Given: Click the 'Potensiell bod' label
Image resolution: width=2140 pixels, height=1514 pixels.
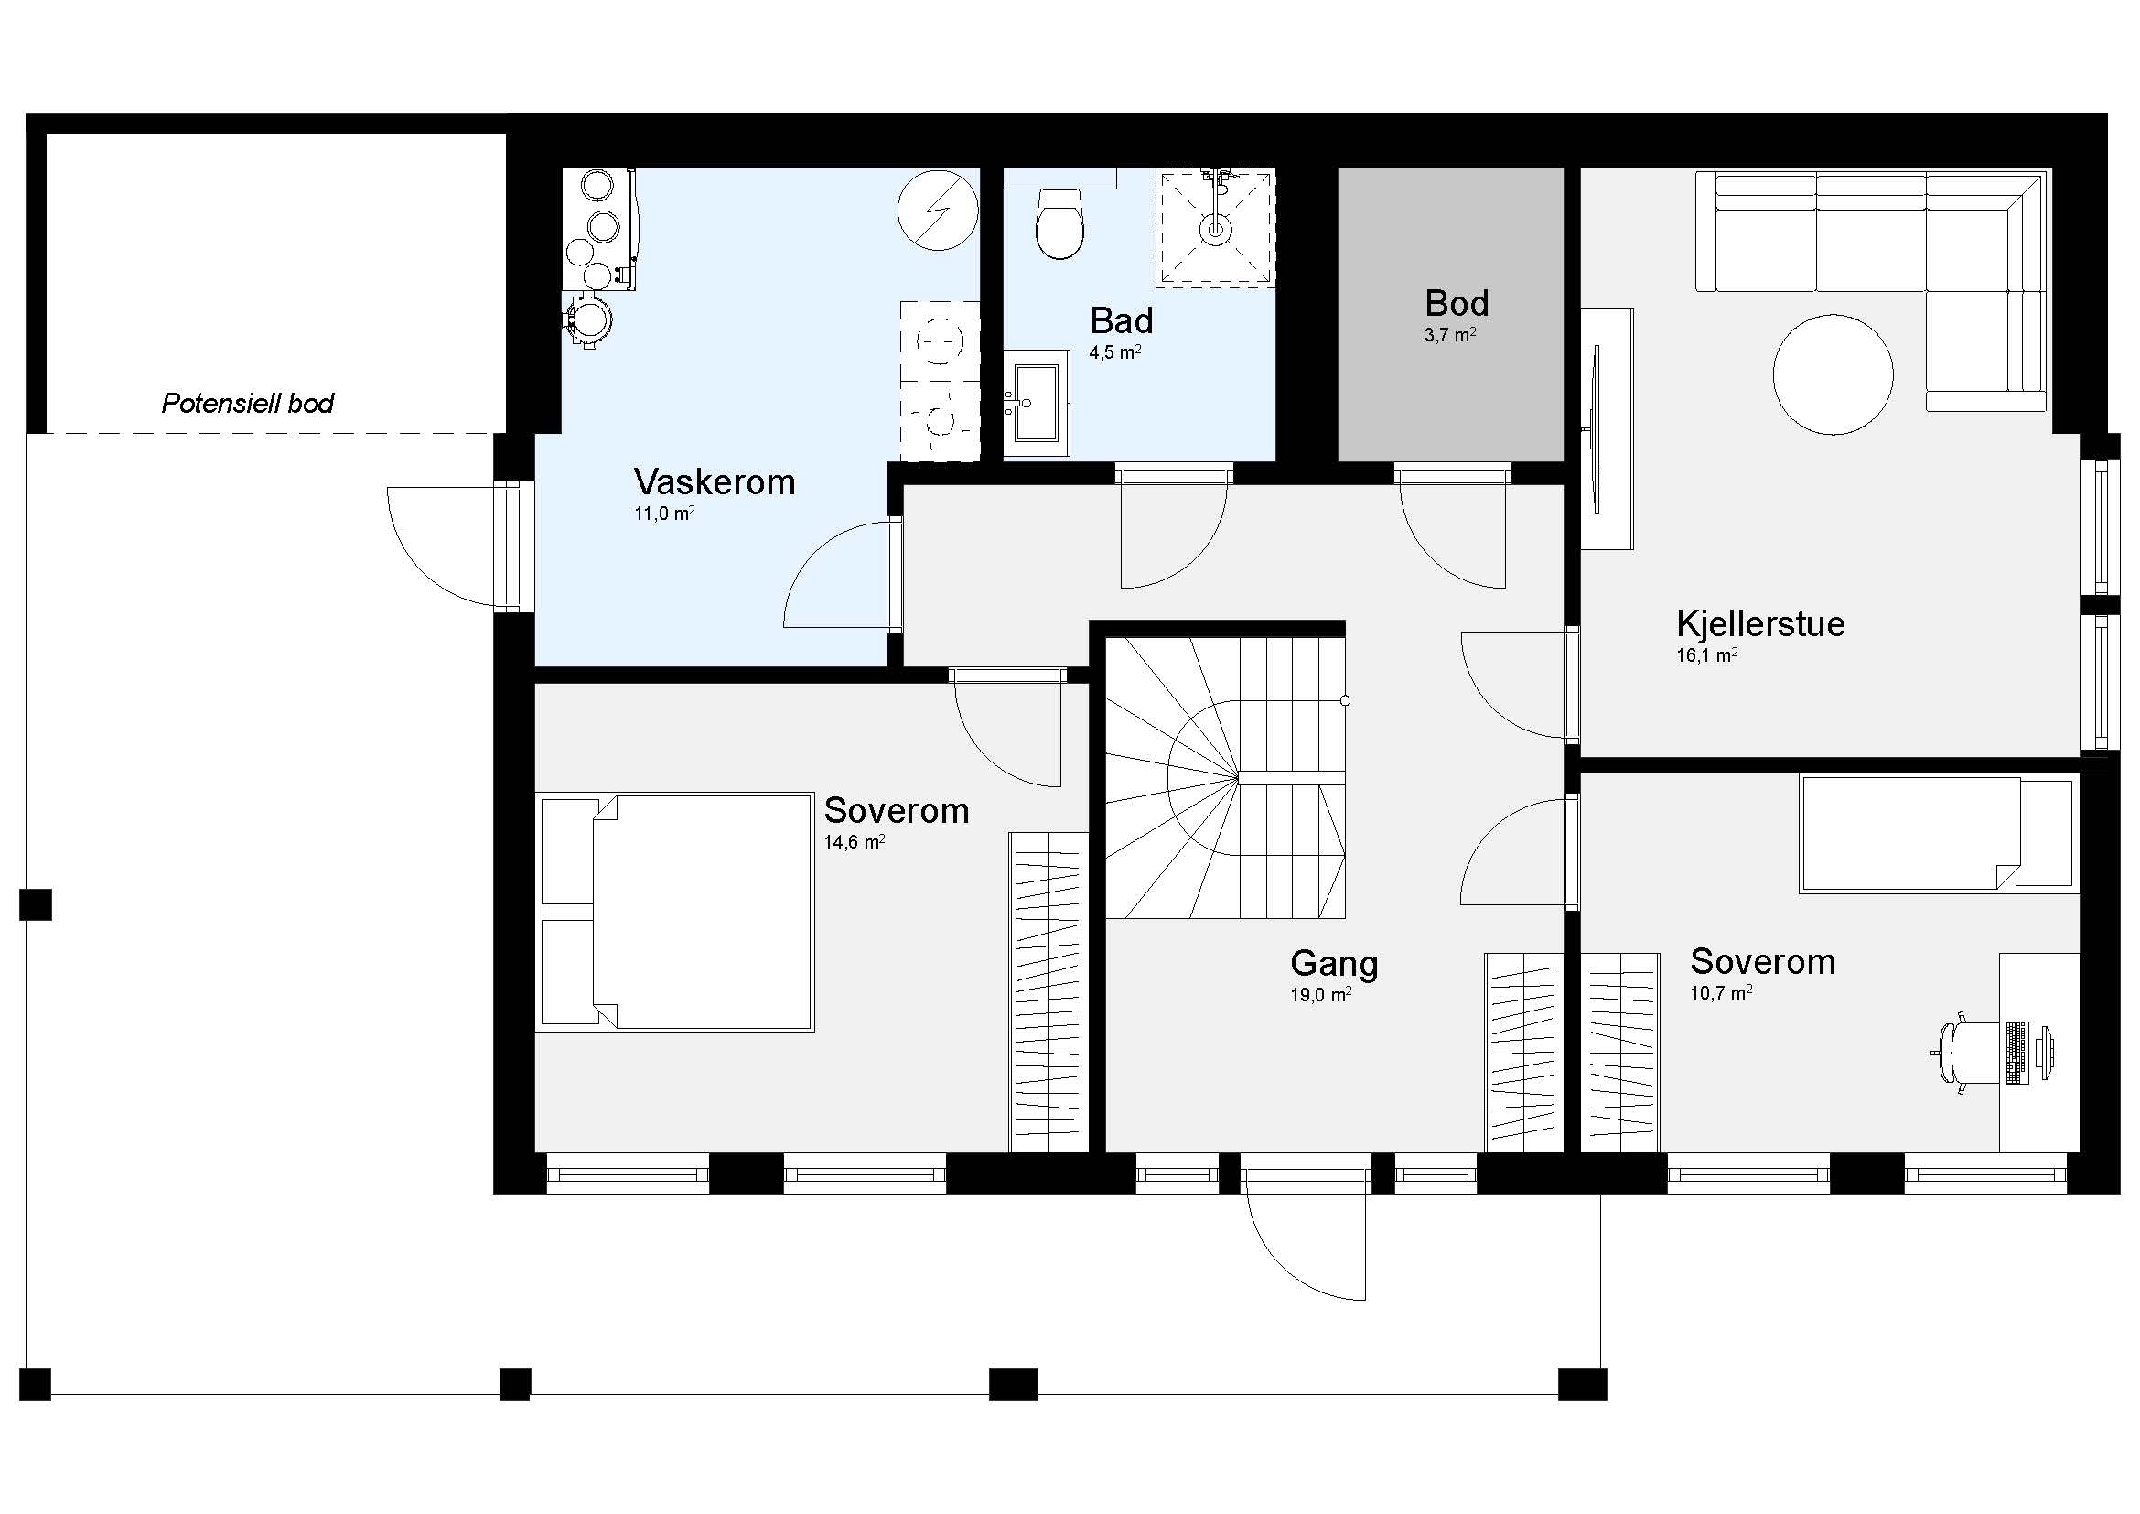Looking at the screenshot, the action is [x=248, y=404].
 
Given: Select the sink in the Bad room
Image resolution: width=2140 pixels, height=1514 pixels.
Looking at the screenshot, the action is [x=1036, y=403].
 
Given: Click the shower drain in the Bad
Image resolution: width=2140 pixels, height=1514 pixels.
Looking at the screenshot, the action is [x=1215, y=228].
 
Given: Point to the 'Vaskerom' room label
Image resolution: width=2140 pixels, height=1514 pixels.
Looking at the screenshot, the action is [x=714, y=482].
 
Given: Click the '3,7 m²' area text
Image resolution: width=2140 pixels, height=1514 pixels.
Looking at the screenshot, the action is [x=1449, y=335].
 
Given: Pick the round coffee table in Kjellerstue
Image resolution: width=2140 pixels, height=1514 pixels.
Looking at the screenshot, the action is [x=1833, y=374].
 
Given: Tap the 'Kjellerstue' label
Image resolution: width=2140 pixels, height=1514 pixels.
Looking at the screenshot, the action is [x=1759, y=623].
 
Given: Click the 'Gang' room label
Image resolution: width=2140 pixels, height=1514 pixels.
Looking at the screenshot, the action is [x=1334, y=964].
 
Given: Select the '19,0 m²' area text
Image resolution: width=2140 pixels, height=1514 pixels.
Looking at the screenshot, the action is [x=1320, y=996].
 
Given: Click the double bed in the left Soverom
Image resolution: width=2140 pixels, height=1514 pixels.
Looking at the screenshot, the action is [x=675, y=912].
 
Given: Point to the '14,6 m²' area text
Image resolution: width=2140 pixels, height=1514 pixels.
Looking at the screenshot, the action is [x=854, y=843].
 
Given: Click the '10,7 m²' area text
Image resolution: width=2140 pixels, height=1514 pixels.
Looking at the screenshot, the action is [x=1721, y=994].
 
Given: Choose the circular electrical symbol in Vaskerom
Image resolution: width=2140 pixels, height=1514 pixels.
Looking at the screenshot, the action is [x=938, y=210].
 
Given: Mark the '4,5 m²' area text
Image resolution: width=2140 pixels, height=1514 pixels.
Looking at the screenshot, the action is [x=1114, y=352].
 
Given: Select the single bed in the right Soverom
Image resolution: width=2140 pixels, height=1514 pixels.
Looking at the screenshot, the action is [x=1939, y=835].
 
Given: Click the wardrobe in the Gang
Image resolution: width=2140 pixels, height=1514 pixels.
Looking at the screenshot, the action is [x=1523, y=1053].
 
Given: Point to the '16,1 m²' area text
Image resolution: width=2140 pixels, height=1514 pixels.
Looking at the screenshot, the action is [x=1706, y=655].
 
